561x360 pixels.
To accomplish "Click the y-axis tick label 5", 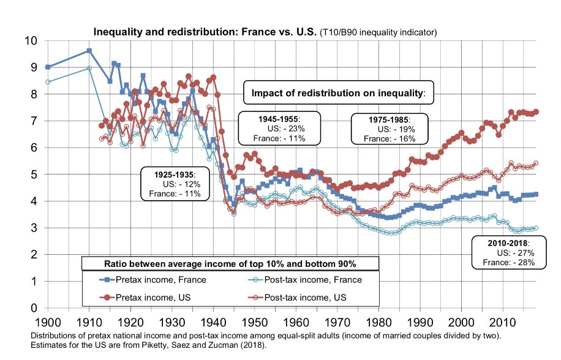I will tap(34, 174).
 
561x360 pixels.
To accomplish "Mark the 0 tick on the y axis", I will tap(34, 308).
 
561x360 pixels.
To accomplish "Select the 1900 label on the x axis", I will tap(48, 321).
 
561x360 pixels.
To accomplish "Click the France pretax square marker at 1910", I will tap(89, 51).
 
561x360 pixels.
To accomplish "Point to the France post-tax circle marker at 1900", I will tap(48, 82).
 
